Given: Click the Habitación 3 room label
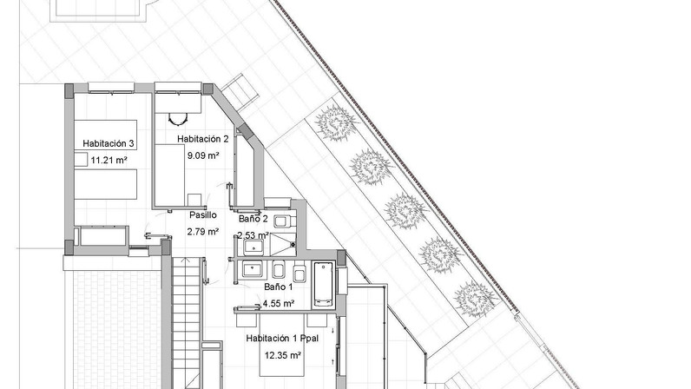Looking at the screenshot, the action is (x=109, y=143).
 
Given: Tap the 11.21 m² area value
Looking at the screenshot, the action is (x=109, y=160).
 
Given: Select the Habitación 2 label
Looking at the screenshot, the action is (x=203, y=139).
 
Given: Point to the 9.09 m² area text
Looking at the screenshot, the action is (x=203, y=155).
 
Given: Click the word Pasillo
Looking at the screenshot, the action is (x=203, y=214).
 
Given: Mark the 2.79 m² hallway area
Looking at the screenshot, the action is (x=203, y=232).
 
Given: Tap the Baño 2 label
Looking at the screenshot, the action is (x=253, y=218).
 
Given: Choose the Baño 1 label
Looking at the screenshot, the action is (x=279, y=287).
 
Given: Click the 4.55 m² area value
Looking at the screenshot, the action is (x=279, y=303).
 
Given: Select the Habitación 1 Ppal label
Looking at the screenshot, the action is (x=282, y=339).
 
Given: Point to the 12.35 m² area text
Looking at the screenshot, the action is (x=283, y=355).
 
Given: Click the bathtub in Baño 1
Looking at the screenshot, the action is (x=324, y=285).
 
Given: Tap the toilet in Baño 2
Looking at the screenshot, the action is (x=282, y=220).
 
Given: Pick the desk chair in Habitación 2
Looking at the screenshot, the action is (x=178, y=119).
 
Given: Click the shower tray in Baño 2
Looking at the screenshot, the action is (x=282, y=245).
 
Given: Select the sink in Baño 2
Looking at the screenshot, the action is (x=253, y=247).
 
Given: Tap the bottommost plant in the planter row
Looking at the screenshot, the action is (x=475, y=299).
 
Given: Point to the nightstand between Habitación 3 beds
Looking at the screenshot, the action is (x=81, y=159).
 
